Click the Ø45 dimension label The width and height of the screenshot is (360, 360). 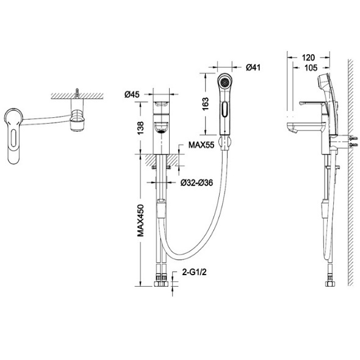132,94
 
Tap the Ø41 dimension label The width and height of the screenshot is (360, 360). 253,68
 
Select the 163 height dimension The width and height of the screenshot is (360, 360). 206,104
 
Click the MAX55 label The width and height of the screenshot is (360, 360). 201,145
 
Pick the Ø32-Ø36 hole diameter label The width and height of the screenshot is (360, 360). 196,182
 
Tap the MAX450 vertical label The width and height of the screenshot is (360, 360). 140,221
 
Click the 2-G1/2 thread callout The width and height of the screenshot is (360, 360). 194,272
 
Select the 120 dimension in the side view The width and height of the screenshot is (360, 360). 308,57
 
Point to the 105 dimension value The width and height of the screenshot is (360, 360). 311,68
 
